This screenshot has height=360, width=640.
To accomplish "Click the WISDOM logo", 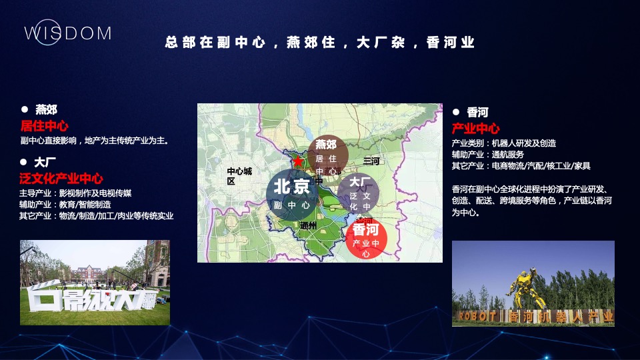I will point(67,33).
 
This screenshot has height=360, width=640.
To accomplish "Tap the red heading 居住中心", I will point(45,125).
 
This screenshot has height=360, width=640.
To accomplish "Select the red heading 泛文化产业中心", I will point(61,178).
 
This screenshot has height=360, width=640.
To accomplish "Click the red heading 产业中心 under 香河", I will point(475,128).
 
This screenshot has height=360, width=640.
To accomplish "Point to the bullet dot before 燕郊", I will point(25,109).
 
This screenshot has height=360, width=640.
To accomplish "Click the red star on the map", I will point(297,161).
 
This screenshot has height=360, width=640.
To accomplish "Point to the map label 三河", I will point(371,161).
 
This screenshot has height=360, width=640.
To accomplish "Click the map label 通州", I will point(309,225).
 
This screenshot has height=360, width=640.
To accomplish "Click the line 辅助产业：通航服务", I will point(488,154).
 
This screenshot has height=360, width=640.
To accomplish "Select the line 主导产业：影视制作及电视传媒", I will point(75,193).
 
